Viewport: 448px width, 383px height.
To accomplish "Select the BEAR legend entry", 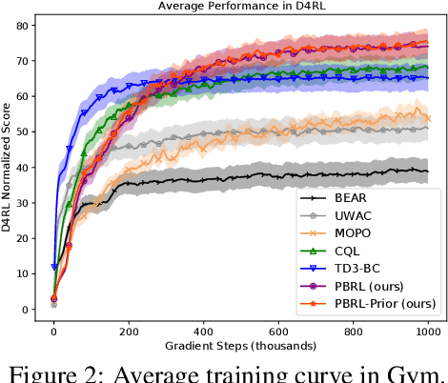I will (x=349, y=198).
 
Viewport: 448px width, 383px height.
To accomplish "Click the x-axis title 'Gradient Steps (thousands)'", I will (x=239, y=342).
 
